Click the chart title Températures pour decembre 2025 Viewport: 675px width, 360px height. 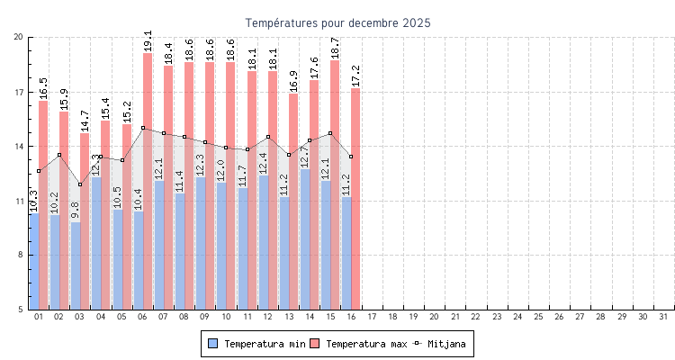tap(337, 22)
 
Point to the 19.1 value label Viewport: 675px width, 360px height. tap(148, 40)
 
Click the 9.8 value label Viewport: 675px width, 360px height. tap(76, 210)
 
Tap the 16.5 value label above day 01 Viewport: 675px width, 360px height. tap(43, 88)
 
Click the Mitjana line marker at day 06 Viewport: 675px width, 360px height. tap(143, 128)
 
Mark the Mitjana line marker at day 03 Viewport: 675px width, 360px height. tap(80, 184)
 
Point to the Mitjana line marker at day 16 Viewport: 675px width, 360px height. tap(351, 157)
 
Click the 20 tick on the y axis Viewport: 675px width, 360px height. tap(18, 37)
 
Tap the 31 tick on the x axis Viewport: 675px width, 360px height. tap(663, 317)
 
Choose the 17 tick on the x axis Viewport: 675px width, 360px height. tap(372, 317)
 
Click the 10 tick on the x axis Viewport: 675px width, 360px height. tap(226, 317)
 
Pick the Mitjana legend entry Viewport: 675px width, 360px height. tap(441, 344)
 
